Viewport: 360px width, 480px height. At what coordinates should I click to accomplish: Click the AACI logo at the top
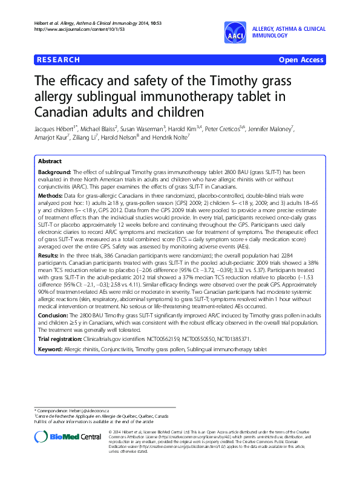point(234,33)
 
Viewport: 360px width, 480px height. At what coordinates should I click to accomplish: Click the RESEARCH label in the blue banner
point(58,60)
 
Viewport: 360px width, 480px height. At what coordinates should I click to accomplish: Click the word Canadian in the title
point(58,112)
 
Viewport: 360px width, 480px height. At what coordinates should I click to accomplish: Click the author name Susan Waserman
point(142,129)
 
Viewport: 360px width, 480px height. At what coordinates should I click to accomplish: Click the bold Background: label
point(56,172)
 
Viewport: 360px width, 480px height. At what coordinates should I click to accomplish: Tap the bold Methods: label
point(51,196)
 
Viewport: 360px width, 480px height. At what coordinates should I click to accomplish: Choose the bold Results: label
point(49,240)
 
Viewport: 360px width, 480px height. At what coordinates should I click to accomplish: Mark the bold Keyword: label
point(51,332)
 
